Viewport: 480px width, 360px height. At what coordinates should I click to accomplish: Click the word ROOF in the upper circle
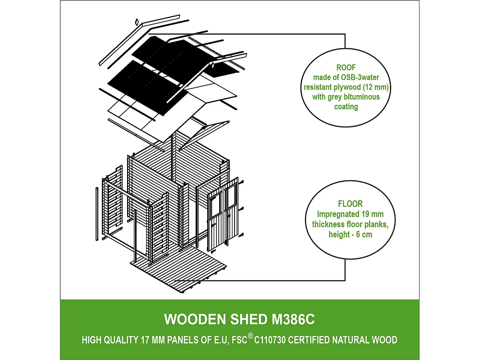[346, 68]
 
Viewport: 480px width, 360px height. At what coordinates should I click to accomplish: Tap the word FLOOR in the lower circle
[350, 204]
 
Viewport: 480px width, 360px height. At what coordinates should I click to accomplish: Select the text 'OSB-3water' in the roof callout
[360, 77]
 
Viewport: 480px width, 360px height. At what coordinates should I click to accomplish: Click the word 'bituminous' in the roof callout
[362, 97]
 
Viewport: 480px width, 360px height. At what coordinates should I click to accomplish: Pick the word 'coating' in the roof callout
[346, 107]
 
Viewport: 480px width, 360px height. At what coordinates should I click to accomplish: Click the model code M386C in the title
[293, 320]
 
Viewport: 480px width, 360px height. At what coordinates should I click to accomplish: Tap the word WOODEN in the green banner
[195, 320]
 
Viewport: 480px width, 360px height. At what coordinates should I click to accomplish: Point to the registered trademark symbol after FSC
[251, 336]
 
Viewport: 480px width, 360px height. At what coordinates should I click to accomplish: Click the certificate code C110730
[270, 340]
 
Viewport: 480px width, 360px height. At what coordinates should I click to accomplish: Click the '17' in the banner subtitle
[145, 340]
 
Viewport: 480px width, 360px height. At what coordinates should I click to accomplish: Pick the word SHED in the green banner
[248, 320]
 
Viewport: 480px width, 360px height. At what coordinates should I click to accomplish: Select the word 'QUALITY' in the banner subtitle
[121, 340]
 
